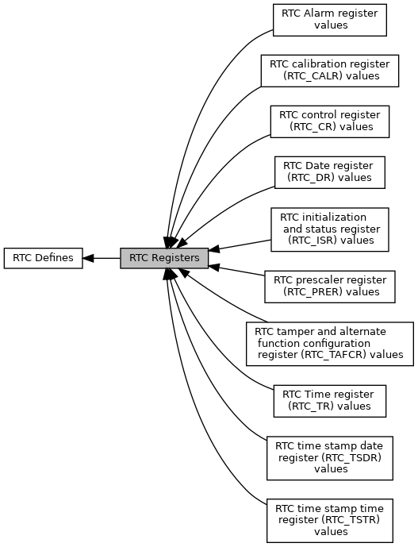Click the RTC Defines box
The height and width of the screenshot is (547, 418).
(x=43, y=258)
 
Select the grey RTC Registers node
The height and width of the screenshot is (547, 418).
(x=164, y=258)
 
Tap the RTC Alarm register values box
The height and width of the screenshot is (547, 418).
(x=329, y=19)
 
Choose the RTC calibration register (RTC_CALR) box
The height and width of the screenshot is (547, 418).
(x=329, y=70)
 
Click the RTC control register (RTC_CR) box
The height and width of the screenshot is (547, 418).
(x=329, y=121)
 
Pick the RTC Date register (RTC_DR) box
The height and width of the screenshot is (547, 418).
(x=329, y=171)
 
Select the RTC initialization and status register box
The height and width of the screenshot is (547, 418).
(x=329, y=229)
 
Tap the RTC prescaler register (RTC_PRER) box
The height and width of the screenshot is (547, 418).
(x=329, y=286)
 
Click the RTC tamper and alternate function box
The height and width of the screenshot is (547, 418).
(x=329, y=343)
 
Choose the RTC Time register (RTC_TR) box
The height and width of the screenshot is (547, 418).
(x=329, y=400)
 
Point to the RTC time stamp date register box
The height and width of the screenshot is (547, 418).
(x=329, y=457)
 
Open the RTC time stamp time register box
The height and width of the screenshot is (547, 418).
(x=329, y=519)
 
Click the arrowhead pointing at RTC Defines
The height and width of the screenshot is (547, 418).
(x=89, y=258)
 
